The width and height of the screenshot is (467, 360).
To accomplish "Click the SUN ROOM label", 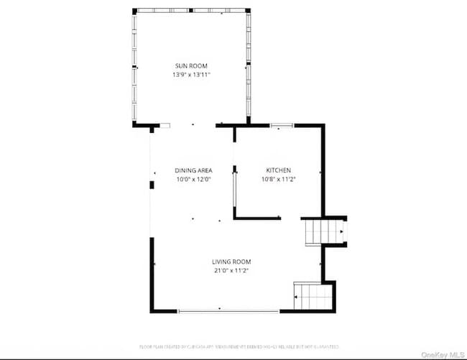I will pyautogui.click(x=190, y=66).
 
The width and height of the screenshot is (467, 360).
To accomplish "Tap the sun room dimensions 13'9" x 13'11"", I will pyautogui.click(x=190, y=75).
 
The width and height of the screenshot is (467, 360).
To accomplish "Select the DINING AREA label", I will pyautogui.click(x=193, y=170).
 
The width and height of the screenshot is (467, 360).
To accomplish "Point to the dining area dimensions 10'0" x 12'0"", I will pyautogui.click(x=193, y=179).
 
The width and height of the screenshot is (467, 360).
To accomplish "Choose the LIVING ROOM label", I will pyautogui.click(x=231, y=262).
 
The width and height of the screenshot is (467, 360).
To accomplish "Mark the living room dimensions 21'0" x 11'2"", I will pyautogui.click(x=231, y=270).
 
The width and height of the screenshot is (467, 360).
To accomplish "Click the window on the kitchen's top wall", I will pyautogui.click(x=281, y=126).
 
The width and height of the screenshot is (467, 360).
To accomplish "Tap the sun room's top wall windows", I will pyautogui.click(x=192, y=10).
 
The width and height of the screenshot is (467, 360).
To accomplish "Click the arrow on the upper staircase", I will pyautogui.click(x=341, y=231).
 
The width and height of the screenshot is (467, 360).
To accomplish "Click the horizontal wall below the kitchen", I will pyautogui.click(x=257, y=218).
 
